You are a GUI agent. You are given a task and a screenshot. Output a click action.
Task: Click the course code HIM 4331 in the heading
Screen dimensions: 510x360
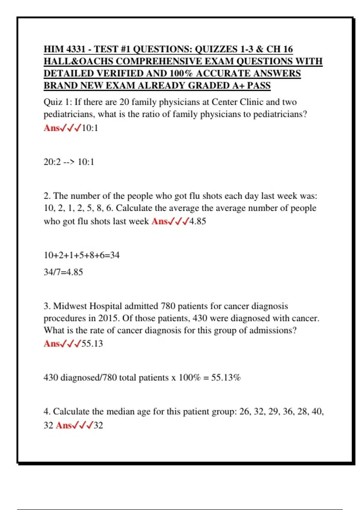65,49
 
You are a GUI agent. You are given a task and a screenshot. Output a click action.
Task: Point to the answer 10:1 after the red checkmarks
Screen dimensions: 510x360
90,128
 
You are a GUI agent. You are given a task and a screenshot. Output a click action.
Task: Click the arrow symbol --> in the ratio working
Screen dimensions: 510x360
69,162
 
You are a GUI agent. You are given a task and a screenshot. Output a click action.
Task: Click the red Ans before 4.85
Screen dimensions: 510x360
160,221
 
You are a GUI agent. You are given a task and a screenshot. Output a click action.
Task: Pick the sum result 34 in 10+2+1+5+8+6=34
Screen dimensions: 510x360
115,255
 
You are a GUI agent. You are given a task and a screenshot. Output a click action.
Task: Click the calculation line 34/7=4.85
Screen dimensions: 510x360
63,272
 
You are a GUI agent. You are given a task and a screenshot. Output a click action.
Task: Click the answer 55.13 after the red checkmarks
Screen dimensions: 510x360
92,343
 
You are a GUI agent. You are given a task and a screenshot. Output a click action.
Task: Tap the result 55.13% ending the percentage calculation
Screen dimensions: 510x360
226,377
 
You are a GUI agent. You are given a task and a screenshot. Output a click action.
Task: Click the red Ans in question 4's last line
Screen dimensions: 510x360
64,425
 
